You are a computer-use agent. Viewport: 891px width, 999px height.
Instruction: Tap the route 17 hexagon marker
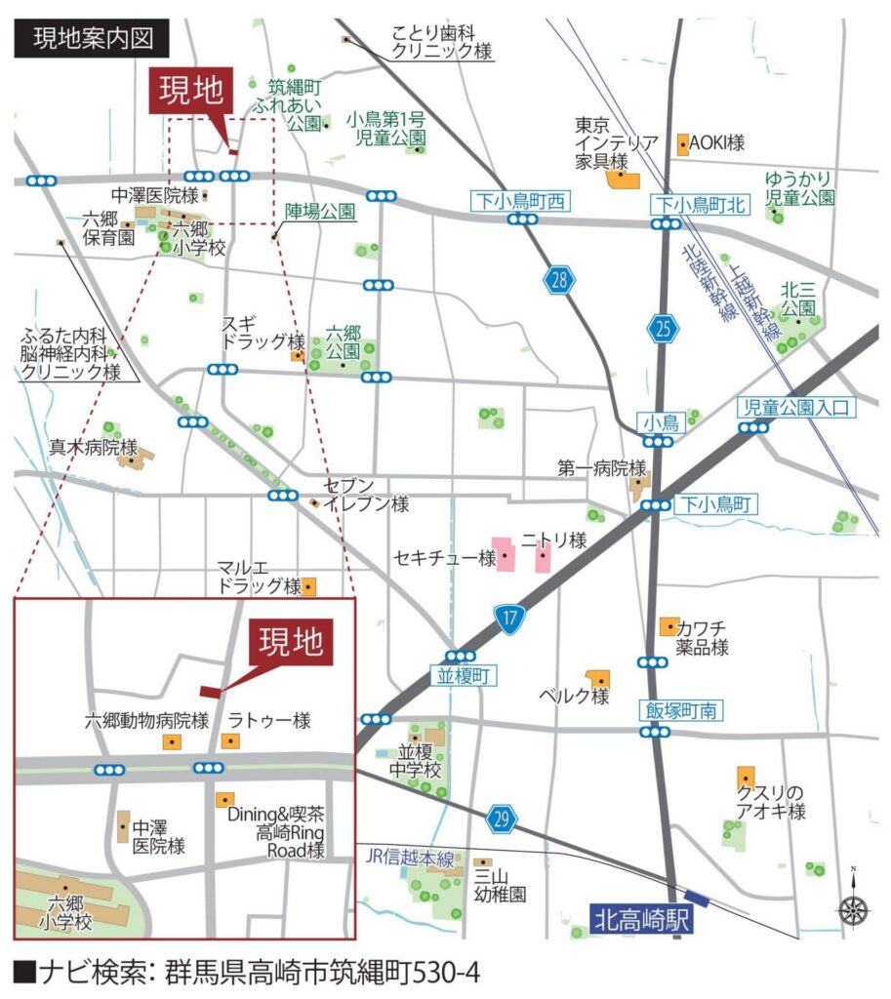pyautogui.click(x=509, y=616)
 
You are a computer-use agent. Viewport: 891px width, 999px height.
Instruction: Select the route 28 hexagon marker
pyautogui.click(x=557, y=281)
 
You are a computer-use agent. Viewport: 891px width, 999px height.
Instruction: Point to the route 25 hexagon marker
pyautogui.click(x=664, y=330)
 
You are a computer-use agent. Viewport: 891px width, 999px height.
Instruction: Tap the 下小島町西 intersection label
pyautogui.click(x=518, y=202)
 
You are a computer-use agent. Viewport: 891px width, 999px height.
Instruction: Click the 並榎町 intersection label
pyautogui.click(x=460, y=675)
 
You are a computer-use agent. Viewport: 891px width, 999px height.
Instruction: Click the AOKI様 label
pyautogui.click(x=716, y=142)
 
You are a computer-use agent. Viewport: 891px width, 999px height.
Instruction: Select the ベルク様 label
pyautogui.click(x=574, y=697)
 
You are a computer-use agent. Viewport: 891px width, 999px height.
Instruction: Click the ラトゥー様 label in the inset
pyautogui.click(x=268, y=721)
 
